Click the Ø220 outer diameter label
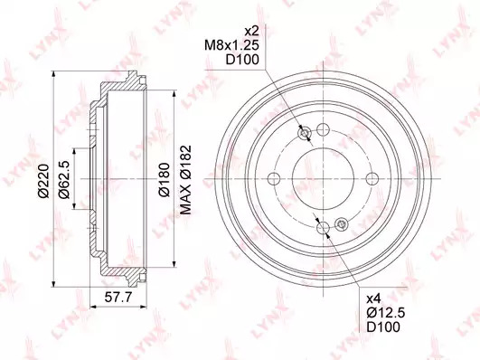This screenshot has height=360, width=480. coord(43,181)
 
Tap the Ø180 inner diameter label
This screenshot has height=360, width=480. coord(164,179)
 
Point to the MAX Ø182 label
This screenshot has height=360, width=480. coord(185,179)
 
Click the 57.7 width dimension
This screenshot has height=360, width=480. coord(118,297)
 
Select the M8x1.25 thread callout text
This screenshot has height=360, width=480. coord(231,45)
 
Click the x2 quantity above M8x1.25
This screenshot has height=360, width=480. coord(252,31)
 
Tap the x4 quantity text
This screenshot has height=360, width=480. coord(373,298)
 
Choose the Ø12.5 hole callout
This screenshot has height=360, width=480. coord(386,312)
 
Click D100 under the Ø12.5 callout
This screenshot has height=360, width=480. coord(383,327)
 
